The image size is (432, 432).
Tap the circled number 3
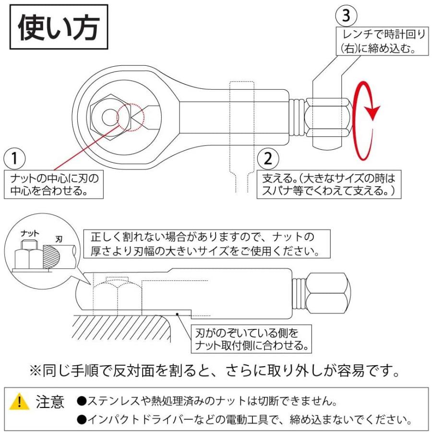[347, 16]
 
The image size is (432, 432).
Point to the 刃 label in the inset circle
[59, 237]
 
